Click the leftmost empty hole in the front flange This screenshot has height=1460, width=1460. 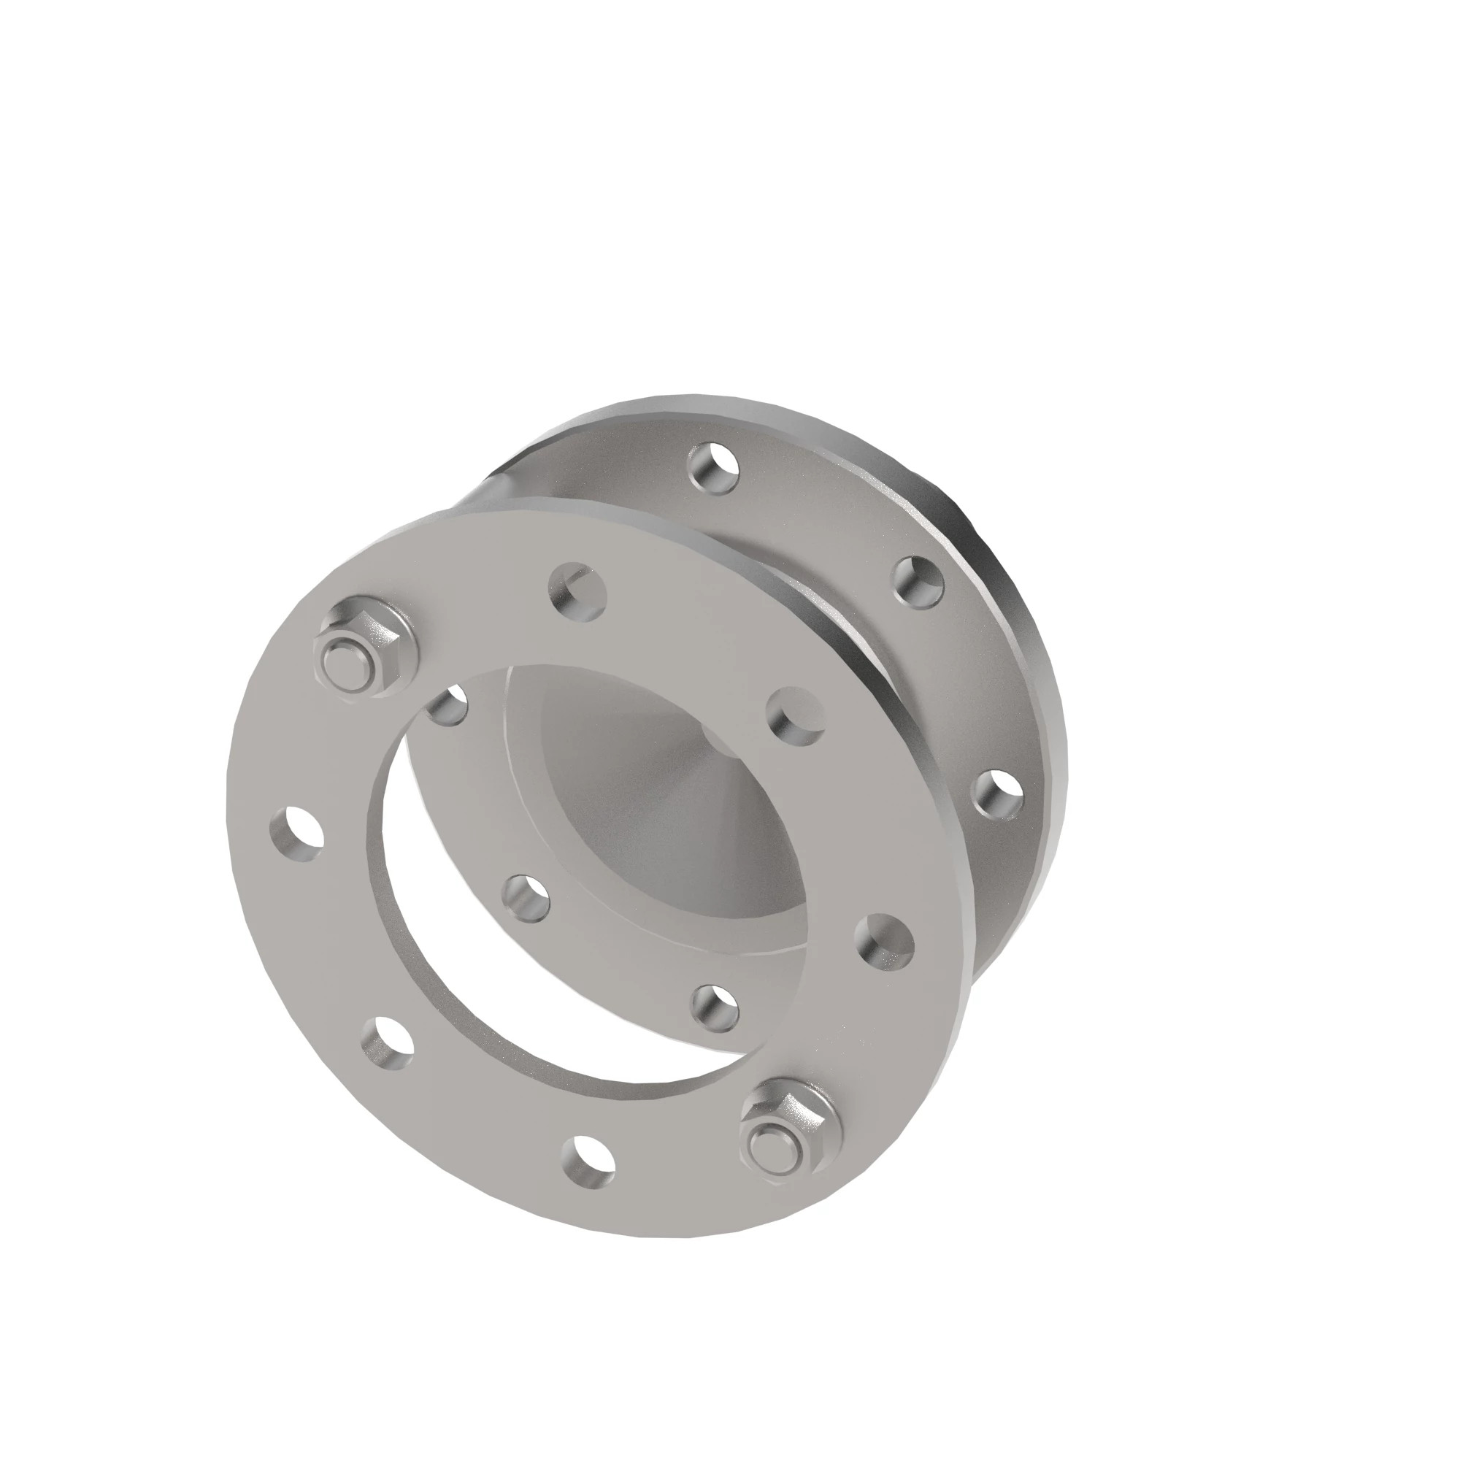click(x=296, y=834)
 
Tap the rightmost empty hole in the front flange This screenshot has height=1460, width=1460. click(x=884, y=942)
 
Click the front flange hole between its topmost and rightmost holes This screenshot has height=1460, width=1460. click(x=794, y=715)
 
